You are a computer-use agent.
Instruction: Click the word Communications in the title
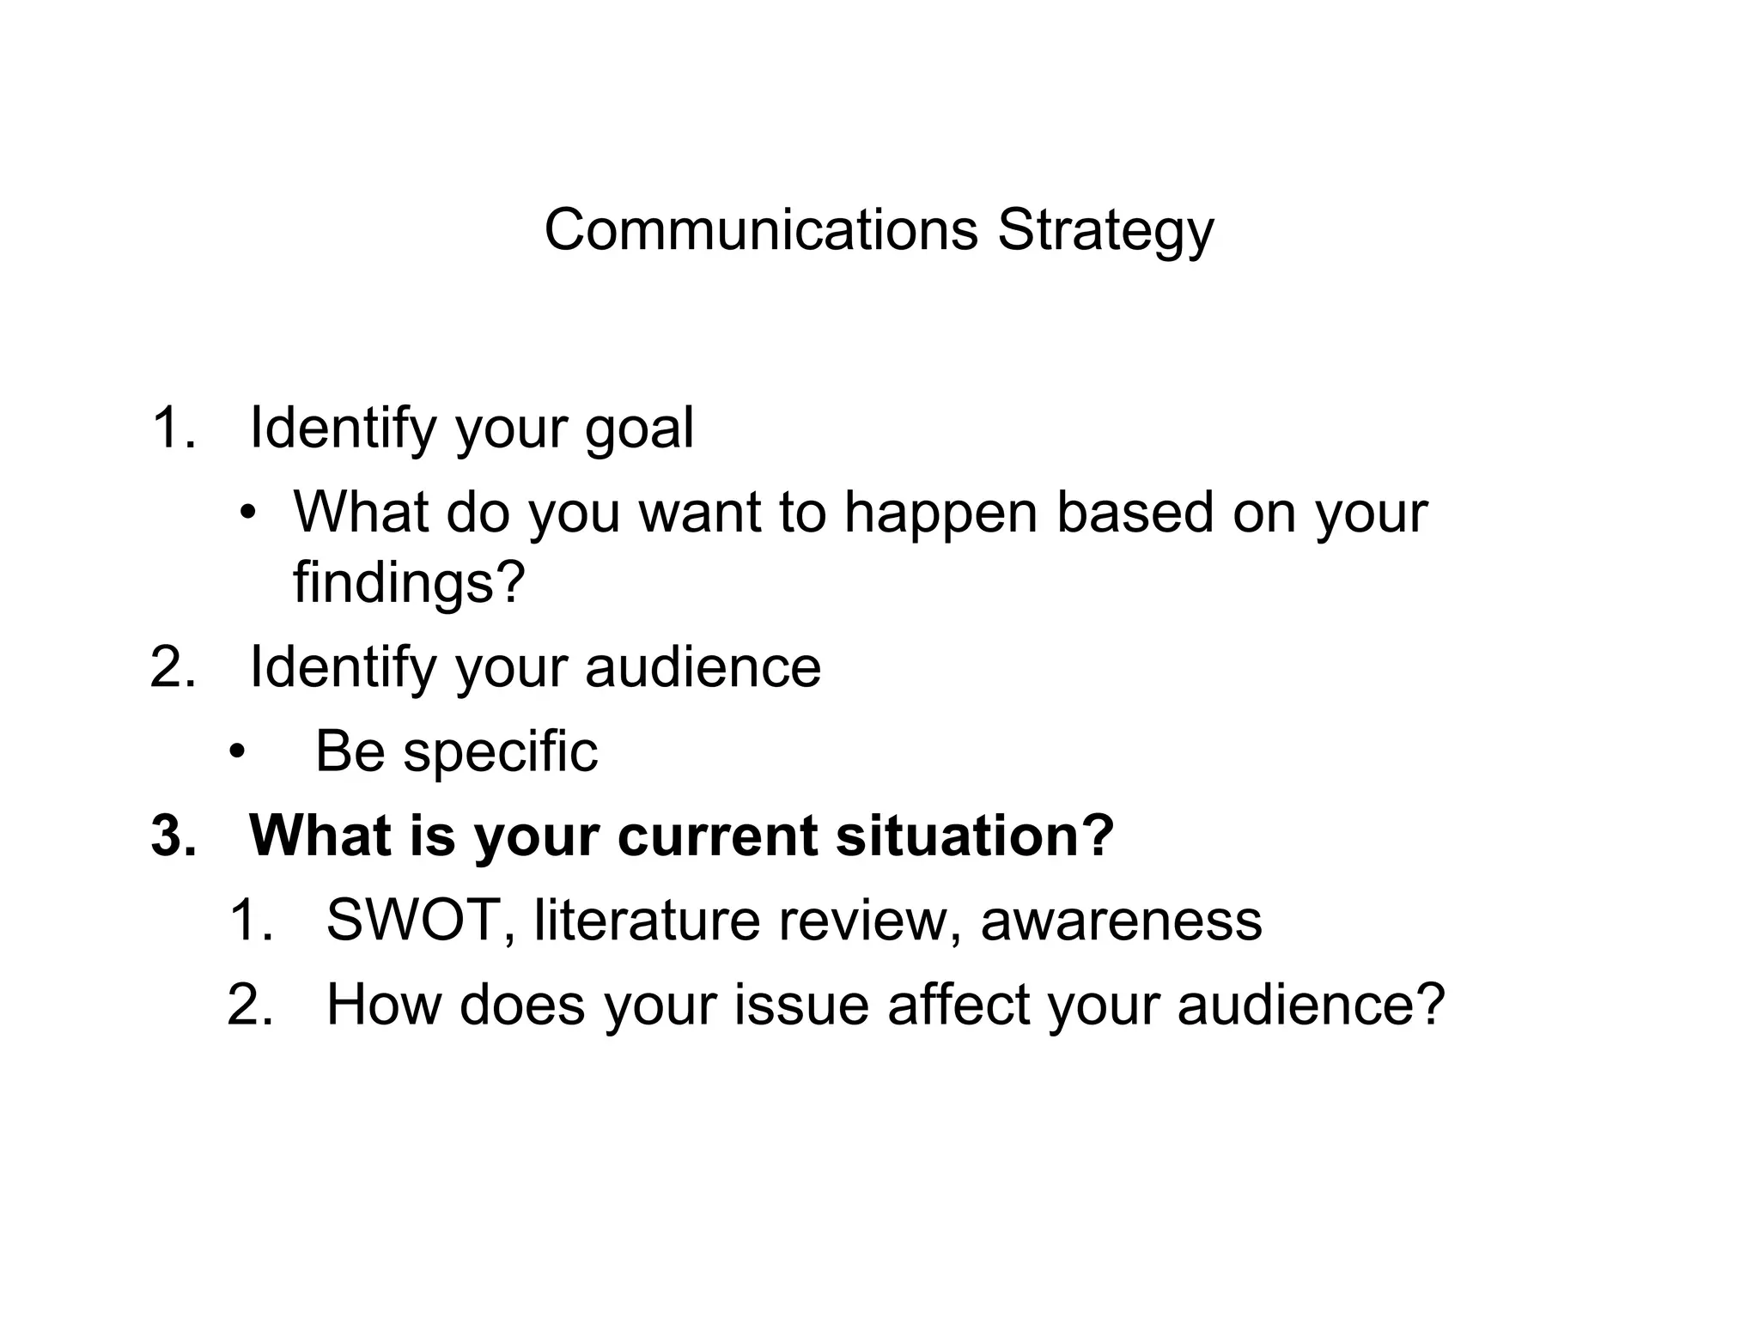click(x=761, y=230)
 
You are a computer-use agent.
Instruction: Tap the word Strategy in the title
click(x=1105, y=232)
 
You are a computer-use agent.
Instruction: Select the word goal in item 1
click(x=639, y=429)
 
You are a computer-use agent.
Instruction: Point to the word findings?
click(x=409, y=583)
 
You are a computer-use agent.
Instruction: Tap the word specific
click(x=500, y=752)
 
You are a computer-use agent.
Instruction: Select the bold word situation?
click(x=975, y=836)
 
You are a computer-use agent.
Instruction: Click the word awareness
click(x=1121, y=920)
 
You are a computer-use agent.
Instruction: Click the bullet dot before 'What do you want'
click(x=248, y=514)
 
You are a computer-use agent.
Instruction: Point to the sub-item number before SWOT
click(x=251, y=920)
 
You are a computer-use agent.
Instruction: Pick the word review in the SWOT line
click(x=869, y=920)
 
